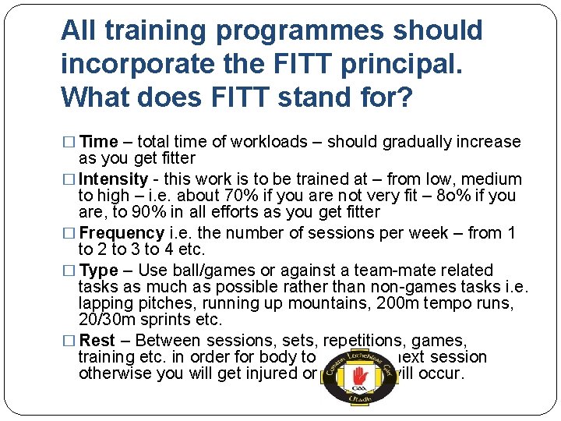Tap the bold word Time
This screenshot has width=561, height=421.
click(99, 142)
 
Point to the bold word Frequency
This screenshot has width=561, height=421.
click(122, 233)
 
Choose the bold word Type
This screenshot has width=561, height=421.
click(99, 271)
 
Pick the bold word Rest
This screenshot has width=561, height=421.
click(97, 341)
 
